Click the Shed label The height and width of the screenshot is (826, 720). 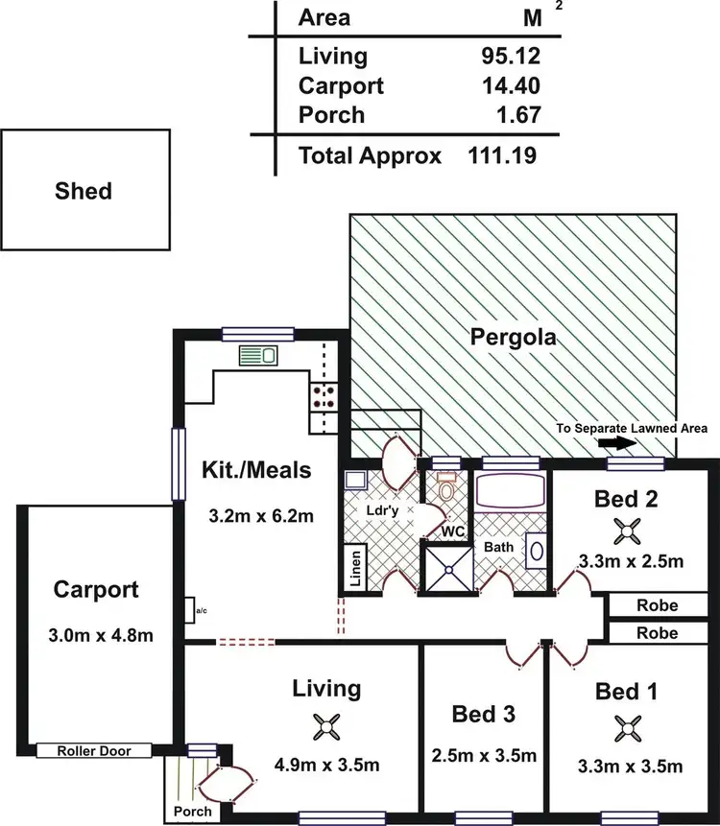[x=83, y=191]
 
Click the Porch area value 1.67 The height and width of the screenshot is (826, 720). [x=517, y=115]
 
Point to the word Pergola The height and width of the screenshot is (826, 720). [x=514, y=338]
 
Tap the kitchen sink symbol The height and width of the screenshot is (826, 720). [x=257, y=356]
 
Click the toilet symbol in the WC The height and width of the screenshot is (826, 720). [x=446, y=488]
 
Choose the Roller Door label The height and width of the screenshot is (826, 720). [x=93, y=751]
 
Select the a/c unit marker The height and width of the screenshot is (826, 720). [x=191, y=609]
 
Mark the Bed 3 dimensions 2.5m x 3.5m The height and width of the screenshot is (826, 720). [x=484, y=756]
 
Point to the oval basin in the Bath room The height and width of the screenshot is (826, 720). [x=537, y=554]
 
